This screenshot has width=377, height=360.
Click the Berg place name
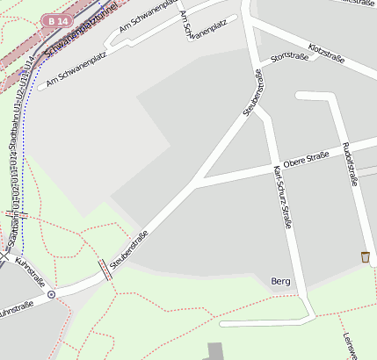(281, 281)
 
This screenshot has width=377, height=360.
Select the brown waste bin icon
(365, 256)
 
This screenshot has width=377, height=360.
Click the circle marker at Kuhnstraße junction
(51, 295)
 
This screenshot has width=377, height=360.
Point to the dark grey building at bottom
(216, 350)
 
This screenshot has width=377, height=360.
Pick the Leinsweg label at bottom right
(349, 344)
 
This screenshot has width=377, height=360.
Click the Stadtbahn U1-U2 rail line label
(15, 167)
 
